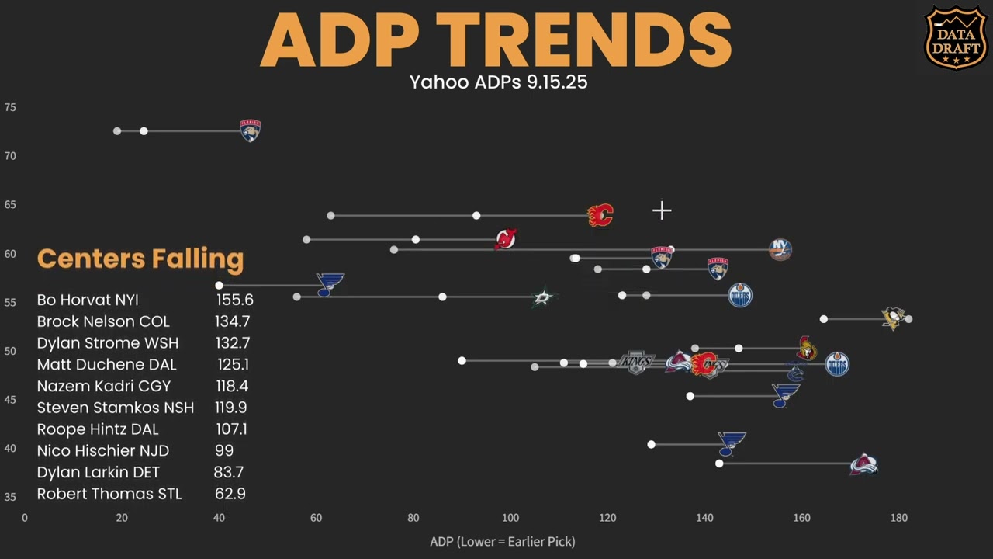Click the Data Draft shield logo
[x=956, y=38]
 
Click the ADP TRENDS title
[x=496, y=40]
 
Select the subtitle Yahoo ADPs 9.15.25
[x=498, y=82]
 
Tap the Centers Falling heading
[x=140, y=259]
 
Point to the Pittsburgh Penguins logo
[x=894, y=318]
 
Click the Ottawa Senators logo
[x=807, y=349]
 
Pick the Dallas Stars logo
[x=544, y=297]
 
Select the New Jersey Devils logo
[x=506, y=239]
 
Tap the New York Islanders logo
[x=780, y=249]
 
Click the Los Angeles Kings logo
[x=637, y=363]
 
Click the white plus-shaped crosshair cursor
[x=662, y=210]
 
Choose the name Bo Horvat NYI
[x=88, y=300]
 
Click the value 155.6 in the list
[x=234, y=300]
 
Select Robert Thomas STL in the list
[x=109, y=494]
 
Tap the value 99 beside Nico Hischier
[x=224, y=450]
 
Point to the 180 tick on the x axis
[x=898, y=518]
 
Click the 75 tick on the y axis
[x=10, y=108]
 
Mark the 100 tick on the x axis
[x=510, y=518]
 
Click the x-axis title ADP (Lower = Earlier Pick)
[x=503, y=541]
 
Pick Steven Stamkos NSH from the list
[x=116, y=408]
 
